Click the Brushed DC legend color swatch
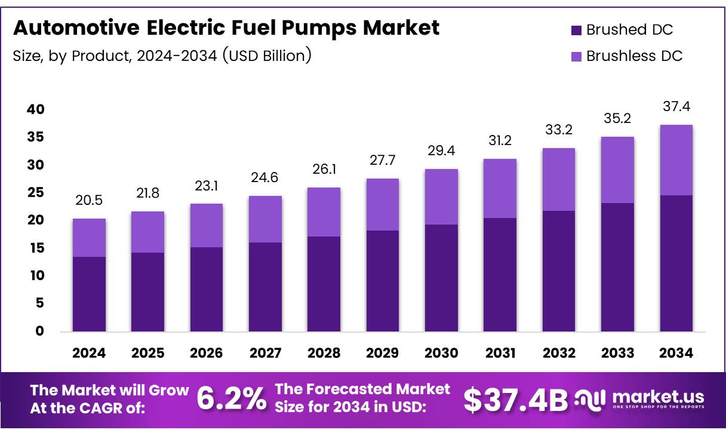[576, 30]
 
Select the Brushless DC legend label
[634, 56]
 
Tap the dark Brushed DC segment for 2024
[89, 294]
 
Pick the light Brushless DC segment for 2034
[676, 160]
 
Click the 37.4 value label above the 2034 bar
[676, 107]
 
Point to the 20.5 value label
[89, 201]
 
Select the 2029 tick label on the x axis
[383, 353]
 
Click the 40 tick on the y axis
[35, 109]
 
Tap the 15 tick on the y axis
[35, 248]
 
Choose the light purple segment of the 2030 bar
[441, 197]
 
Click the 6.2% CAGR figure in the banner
[232, 399]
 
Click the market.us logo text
[658, 397]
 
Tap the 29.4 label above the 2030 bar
[441, 151]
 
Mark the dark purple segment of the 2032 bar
[559, 271]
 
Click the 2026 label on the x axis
[207, 353]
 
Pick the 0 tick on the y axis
[39, 331]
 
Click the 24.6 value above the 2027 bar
[265, 178]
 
